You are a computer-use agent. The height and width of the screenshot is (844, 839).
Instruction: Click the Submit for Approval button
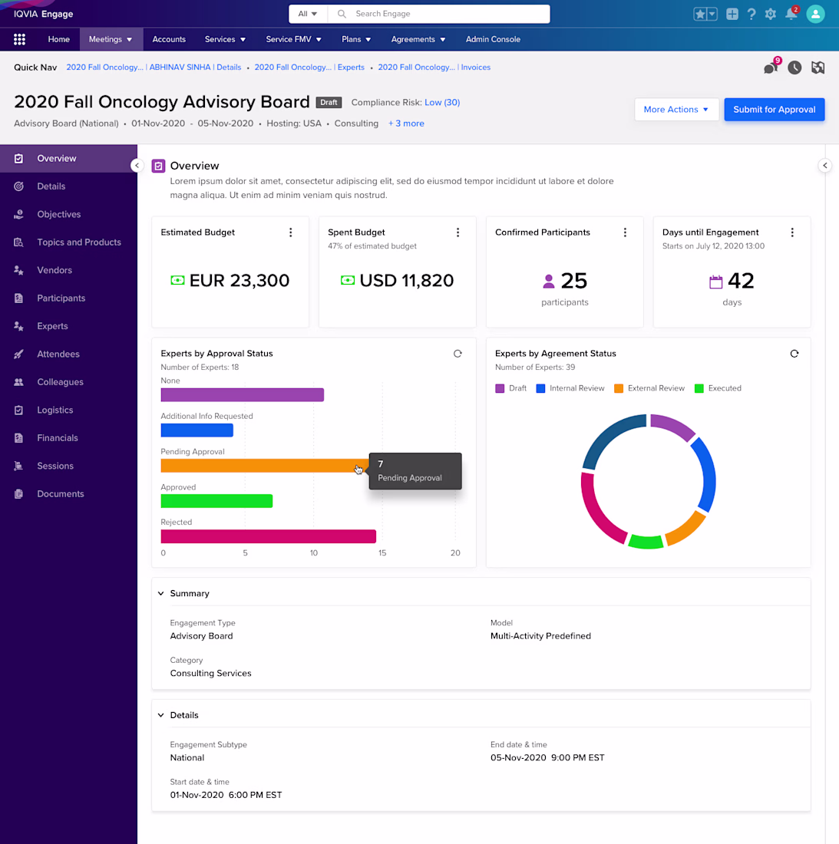click(774, 109)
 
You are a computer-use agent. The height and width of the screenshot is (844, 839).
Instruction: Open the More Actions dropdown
click(676, 109)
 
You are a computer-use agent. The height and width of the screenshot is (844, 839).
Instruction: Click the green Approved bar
click(216, 500)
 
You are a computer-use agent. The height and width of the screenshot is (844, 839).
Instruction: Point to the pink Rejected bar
click(268, 536)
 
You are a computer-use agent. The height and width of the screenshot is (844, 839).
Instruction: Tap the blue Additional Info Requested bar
click(197, 430)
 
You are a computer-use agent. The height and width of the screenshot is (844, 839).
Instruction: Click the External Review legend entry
click(649, 388)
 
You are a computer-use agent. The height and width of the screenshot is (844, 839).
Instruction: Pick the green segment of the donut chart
click(646, 542)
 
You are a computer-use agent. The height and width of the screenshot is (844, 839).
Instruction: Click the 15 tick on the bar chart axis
click(382, 552)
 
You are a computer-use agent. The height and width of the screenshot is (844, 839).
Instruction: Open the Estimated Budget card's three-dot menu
click(291, 232)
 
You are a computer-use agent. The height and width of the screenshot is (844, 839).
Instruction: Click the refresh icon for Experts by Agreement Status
click(794, 354)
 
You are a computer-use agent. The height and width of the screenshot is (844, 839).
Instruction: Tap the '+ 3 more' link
click(406, 124)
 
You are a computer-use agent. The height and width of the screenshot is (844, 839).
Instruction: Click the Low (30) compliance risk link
click(442, 102)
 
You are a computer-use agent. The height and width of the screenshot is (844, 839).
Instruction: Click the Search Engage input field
click(439, 14)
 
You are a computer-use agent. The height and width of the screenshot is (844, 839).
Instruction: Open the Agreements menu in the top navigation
click(418, 39)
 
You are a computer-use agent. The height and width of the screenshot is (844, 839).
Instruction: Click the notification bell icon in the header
click(791, 14)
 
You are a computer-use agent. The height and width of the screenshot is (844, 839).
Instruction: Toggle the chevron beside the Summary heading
click(161, 593)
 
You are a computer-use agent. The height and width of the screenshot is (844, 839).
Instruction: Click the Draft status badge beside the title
click(329, 102)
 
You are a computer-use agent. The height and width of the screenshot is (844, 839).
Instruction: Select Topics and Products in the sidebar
click(79, 242)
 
